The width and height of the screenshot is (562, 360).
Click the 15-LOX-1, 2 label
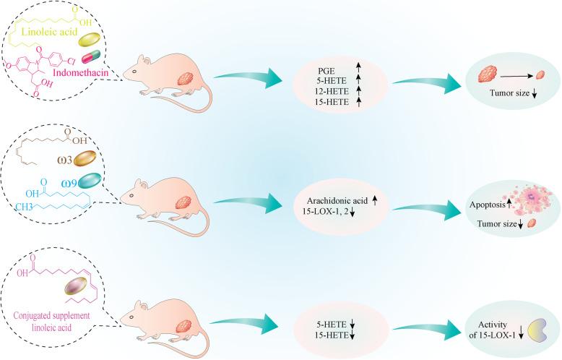pos(336,210)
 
